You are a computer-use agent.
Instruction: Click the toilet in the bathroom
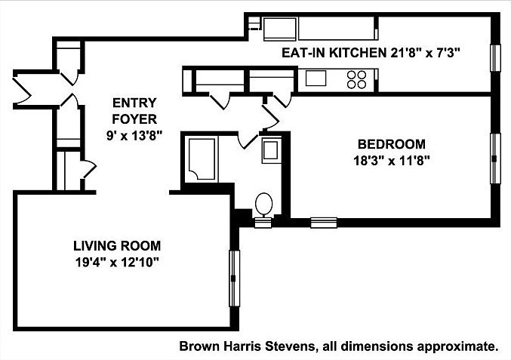click(x=264, y=205)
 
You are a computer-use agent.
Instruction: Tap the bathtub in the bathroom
click(x=202, y=158)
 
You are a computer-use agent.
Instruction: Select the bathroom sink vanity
click(x=270, y=151)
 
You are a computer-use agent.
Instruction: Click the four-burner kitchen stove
click(x=356, y=78)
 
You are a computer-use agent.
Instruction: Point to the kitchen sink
click(x=315, y=78)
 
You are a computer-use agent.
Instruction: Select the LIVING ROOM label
click(x=117, y=246)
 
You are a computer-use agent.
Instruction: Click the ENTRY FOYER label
click(x=134, y=111)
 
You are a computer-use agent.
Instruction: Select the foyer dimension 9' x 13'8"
click(x=134, y=134)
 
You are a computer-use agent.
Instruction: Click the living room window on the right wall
click(x=234, y=278)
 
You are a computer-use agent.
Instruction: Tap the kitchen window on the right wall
click(x=496, y=59)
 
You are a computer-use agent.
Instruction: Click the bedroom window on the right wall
click(x=496, y=158)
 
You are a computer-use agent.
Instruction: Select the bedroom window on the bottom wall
click(x=323, y=222)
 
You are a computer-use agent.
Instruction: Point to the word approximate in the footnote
click(x=463, y=347)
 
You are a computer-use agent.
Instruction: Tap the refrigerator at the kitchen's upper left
click(x=281, y=29)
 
